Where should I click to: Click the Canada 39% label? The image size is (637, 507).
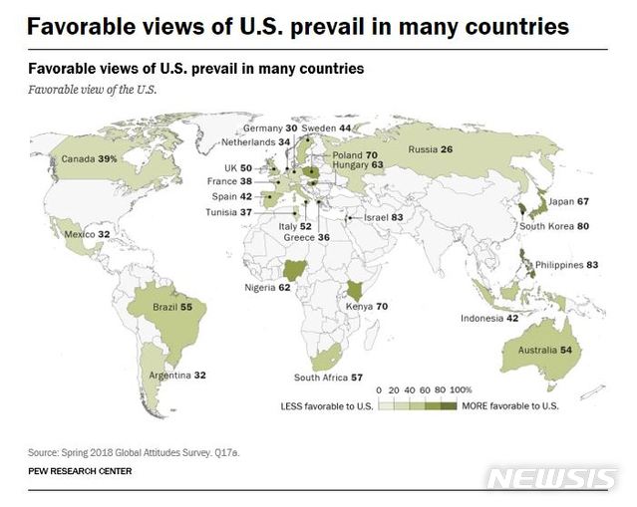click(90, 158)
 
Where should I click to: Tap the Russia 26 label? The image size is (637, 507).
click(431, 149)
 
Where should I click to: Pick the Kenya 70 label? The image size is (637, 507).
click(367, 306)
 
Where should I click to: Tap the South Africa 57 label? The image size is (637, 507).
click(328, 378)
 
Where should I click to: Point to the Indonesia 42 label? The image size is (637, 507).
click(488, 319)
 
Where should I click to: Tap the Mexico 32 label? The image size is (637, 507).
click(86, 234)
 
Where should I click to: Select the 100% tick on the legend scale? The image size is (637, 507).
click(461, 389)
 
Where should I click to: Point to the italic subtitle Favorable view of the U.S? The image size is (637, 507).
click(93, 89)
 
